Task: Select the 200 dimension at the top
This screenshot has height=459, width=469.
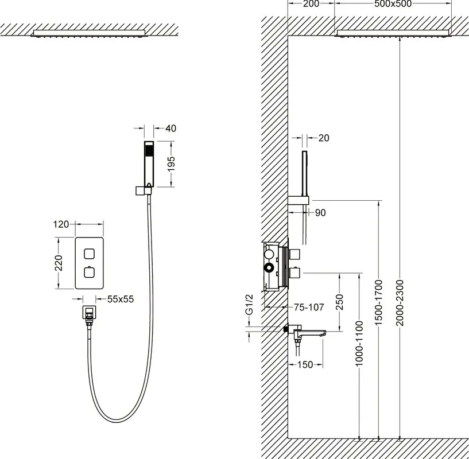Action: click(x=311, y=3)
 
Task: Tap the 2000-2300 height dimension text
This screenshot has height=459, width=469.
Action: click(x=400, y=303)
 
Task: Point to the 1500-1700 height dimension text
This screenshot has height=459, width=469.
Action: click(x=378, y=303)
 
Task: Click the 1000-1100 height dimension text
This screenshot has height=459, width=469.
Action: click(x=359, y=343)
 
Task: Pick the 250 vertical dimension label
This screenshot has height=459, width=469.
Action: click(x=339, y=302)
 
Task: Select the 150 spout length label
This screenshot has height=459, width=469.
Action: click(x=305, y=364)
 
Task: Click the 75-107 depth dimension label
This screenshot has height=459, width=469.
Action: click(x=309, y=307)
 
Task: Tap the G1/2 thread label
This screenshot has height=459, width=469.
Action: click(x=249, y=305)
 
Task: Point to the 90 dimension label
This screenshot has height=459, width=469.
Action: click(x=320, y=213)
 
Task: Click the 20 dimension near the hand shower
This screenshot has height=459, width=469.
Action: click(x=324, y=138)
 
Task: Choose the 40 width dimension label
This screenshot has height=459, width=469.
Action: click(x=171, y=129)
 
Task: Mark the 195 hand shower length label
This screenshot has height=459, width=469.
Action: click(x=171, y=164)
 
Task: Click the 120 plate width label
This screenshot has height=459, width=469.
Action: click(x=61, y=224)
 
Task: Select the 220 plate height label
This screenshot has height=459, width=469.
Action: click(x=59, y=263)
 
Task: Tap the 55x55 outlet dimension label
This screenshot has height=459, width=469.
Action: click(x=121, y=299)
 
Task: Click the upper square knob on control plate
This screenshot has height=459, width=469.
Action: click(x=89, y=254)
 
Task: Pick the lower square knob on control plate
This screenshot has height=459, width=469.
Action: click(x=89, y=273)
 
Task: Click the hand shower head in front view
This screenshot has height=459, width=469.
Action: click(x=149, y=164)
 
